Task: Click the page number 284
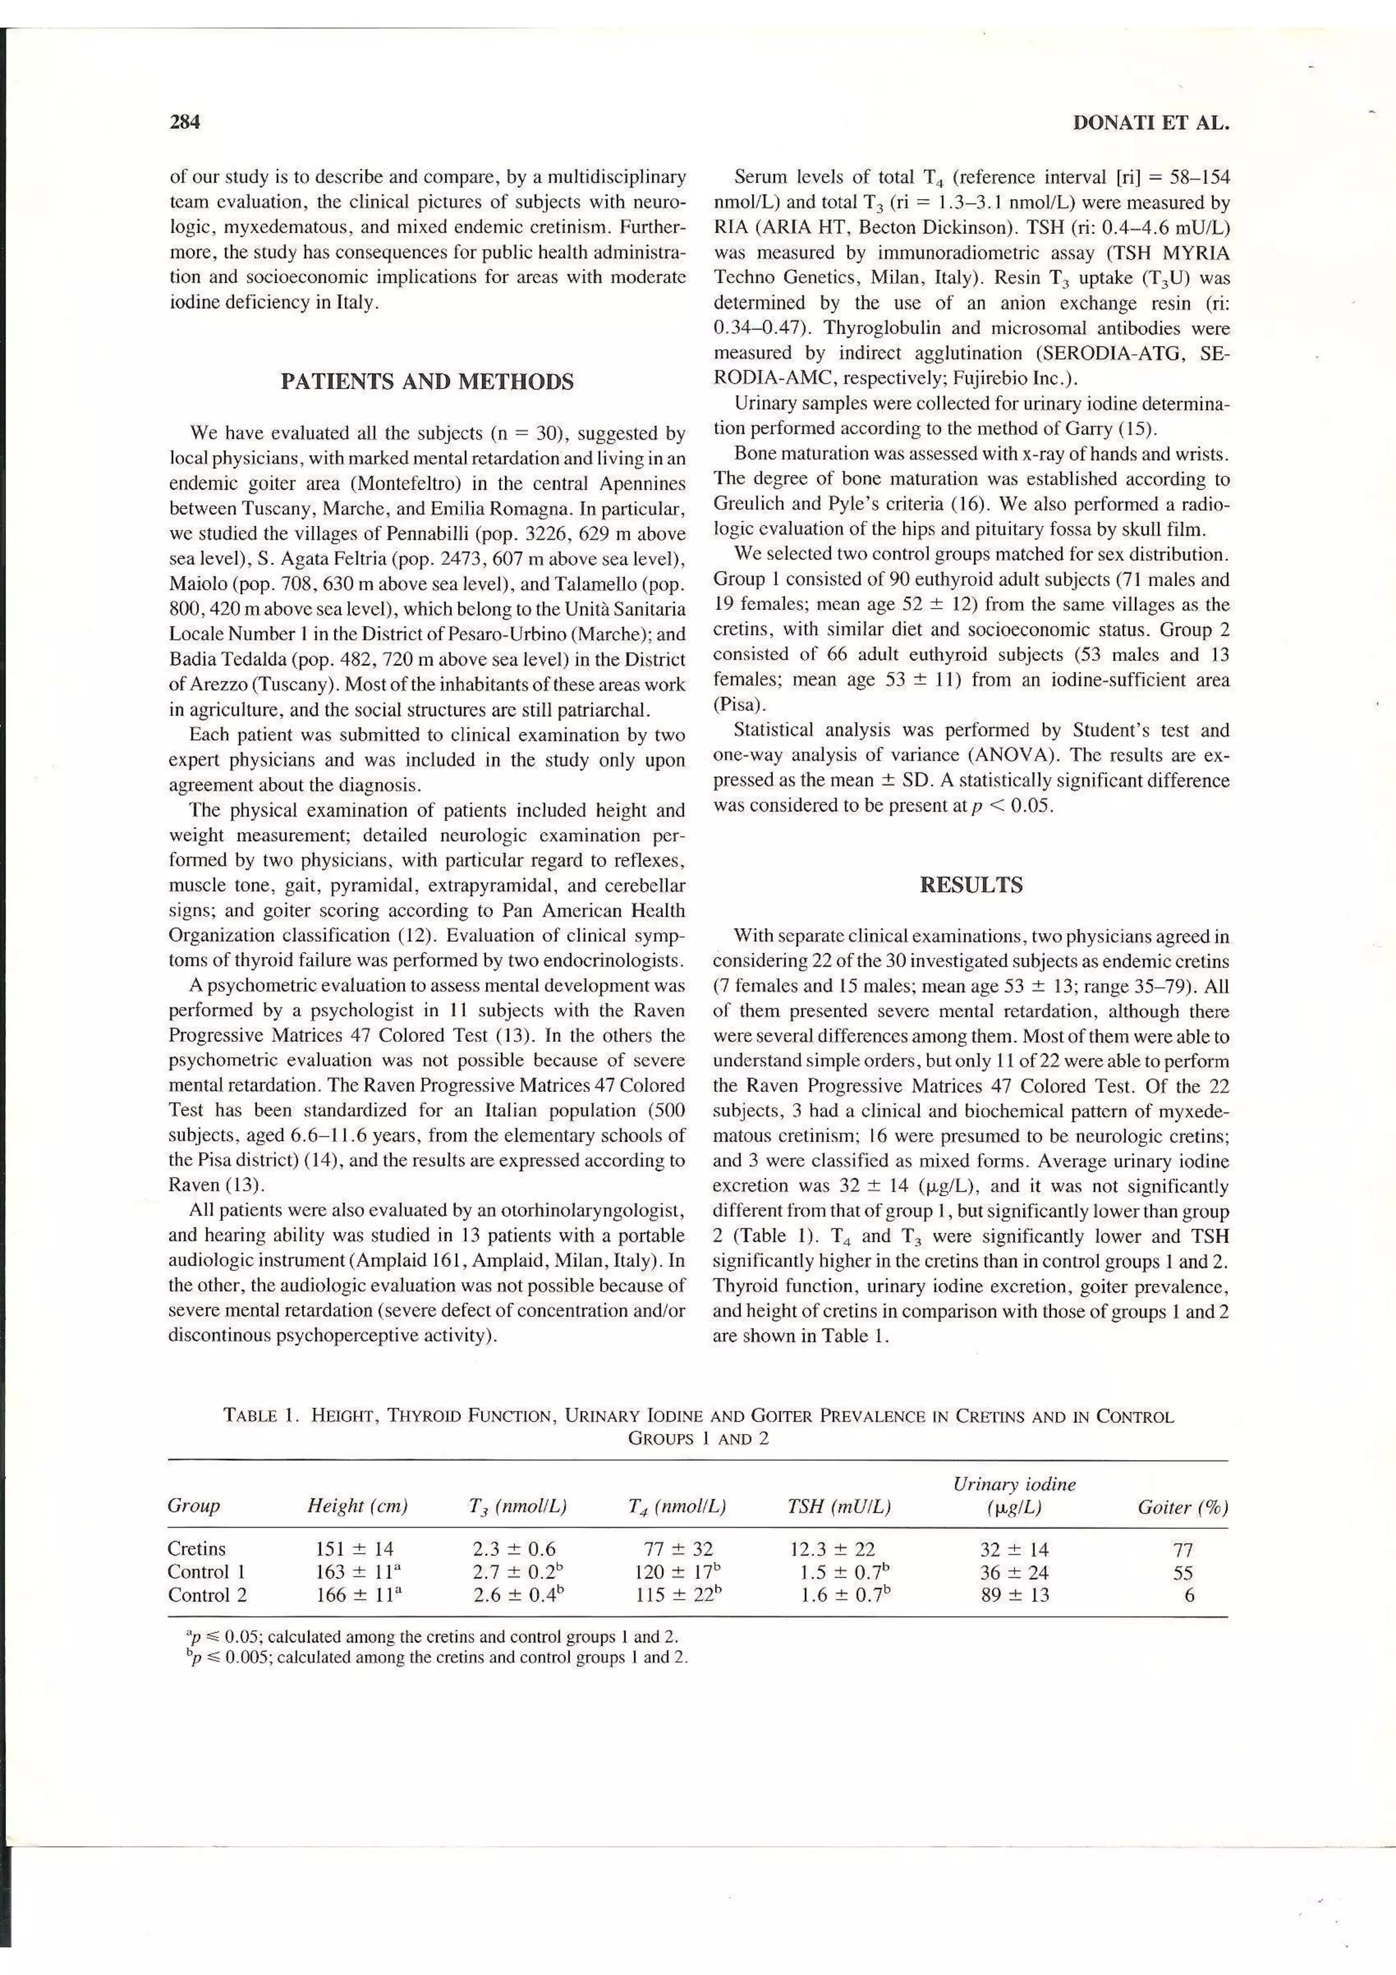[185, 122]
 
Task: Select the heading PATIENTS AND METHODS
[427, 381]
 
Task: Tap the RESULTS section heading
[971, 885]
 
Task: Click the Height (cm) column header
[357, 1506]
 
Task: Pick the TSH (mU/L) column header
[838, 1506]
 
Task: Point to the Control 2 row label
[207, 1595]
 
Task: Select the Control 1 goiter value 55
[1183, 1572]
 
